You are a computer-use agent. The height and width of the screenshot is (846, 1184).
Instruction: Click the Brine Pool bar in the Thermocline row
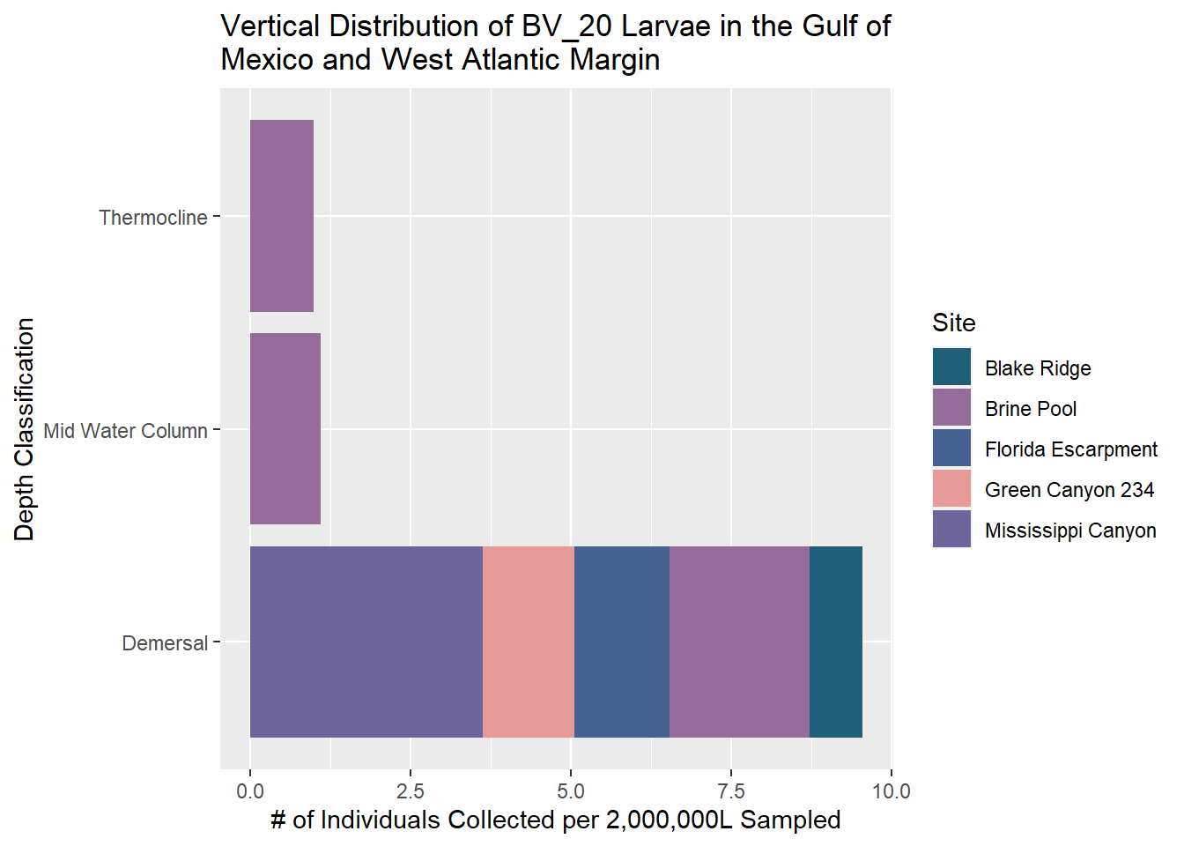(281, 216)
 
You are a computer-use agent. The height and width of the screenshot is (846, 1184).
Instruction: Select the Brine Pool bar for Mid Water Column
(285, 429)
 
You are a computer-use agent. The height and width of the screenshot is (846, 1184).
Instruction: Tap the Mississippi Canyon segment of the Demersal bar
(366, 642)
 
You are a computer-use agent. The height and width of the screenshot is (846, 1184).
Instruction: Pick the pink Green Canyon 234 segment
(528, 642)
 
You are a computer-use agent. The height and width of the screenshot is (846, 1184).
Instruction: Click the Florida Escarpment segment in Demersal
(621, 642)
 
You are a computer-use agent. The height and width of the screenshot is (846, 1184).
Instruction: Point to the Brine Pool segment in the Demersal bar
(739, 642)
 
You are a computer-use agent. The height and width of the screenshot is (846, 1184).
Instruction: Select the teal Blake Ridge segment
(835, 642)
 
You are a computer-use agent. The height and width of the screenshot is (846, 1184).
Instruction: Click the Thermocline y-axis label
(152, 218)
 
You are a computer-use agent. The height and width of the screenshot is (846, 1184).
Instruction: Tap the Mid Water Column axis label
(125, 431)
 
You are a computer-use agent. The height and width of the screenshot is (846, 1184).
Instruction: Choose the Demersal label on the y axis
(165, 643)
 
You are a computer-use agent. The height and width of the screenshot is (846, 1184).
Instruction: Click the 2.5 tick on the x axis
(411, 791)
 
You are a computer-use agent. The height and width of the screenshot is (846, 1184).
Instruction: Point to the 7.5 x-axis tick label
(731, 791)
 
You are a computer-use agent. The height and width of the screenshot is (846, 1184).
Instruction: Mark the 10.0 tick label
(891, 791)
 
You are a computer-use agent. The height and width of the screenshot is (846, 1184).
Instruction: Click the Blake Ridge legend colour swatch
(951, 367)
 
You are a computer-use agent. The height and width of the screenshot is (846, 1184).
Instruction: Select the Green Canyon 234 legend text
(1069, 490)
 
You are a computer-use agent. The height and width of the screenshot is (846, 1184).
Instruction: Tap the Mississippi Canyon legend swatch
(951, 530)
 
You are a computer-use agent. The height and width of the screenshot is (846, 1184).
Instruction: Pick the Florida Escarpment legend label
(1070, 449)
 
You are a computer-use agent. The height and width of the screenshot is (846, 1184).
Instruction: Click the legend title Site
(954, 323)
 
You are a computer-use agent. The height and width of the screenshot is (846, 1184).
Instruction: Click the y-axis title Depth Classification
(25, 429)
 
